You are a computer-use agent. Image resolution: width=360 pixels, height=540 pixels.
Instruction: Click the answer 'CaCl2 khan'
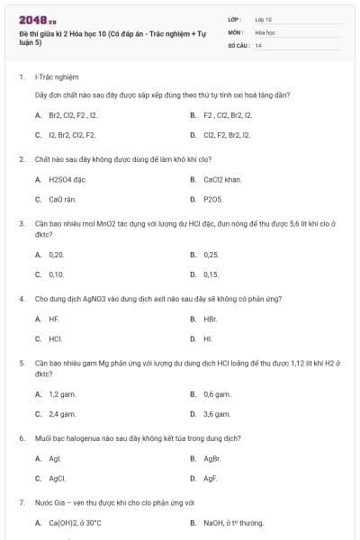click(222, 179)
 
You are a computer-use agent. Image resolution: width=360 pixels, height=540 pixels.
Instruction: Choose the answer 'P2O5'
click(212, 199)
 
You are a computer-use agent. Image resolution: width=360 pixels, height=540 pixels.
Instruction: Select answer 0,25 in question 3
click(211, 255)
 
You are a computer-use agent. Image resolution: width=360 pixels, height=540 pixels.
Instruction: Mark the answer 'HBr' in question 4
click(210, 319)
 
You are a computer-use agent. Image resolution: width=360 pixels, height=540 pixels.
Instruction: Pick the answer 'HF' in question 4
click(54, 319)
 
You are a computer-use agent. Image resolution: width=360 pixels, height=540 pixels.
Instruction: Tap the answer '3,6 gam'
click(217, 414)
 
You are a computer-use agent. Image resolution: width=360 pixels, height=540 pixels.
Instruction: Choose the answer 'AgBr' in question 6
click(212, 458)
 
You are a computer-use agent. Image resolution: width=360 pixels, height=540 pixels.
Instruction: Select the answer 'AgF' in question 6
click(211, 478)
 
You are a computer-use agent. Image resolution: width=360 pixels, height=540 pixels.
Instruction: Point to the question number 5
click(22, 362)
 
